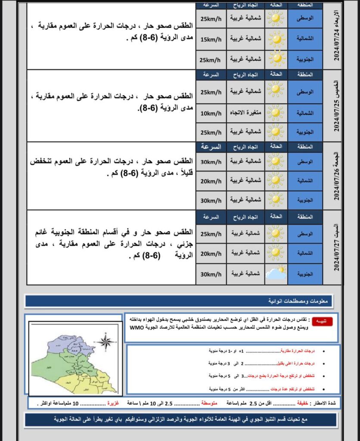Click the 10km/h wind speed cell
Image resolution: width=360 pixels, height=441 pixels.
[x=211, y=114]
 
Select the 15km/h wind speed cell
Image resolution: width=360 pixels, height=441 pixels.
[x=211, y=39]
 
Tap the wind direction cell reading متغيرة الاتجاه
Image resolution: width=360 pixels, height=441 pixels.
[x=245, y=114]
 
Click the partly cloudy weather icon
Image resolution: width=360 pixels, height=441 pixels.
[x=275, y=273]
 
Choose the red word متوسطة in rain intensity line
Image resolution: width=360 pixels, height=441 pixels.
[x=210, y=403]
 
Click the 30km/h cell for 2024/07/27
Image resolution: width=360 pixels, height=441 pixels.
[x=211, y=273]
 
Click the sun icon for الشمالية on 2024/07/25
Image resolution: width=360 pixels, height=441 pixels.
[x=275, y=114]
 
